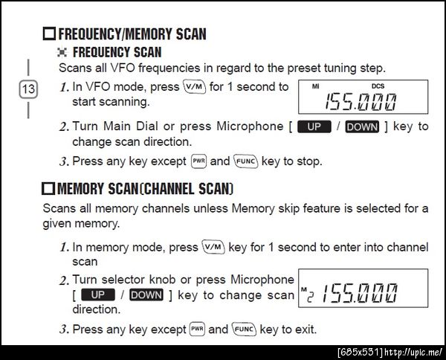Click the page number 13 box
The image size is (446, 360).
(x=28, y=89)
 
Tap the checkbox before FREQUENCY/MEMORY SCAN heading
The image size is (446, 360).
(x=50, y=33)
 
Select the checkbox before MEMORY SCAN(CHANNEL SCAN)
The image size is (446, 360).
(x=48, y=188)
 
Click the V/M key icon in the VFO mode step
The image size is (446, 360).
(x=195, y=87)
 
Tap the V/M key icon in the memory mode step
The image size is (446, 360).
(x=213, y=247)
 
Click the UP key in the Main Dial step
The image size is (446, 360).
(x=314, y=126)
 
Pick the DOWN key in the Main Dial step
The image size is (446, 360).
(x=362, y=126)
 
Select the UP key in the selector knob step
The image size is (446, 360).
(x=98, y=295)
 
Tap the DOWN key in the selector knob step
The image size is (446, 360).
(x=146, y=295)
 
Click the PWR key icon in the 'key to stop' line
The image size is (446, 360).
(x=198, y=161)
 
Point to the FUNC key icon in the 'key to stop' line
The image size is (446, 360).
(x=246, y=161)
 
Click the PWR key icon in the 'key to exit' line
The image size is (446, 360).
(x=197, y=329)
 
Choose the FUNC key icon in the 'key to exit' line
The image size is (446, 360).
(x=244, y=330)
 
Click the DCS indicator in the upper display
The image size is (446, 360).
(x=378, y=86)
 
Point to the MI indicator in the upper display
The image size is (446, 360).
(x=315, y=86)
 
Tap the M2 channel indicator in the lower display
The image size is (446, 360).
(x=307, y=295)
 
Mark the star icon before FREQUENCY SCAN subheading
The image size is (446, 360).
(x=62, y=52)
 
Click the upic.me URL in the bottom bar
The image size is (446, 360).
(x=413, y=353)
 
